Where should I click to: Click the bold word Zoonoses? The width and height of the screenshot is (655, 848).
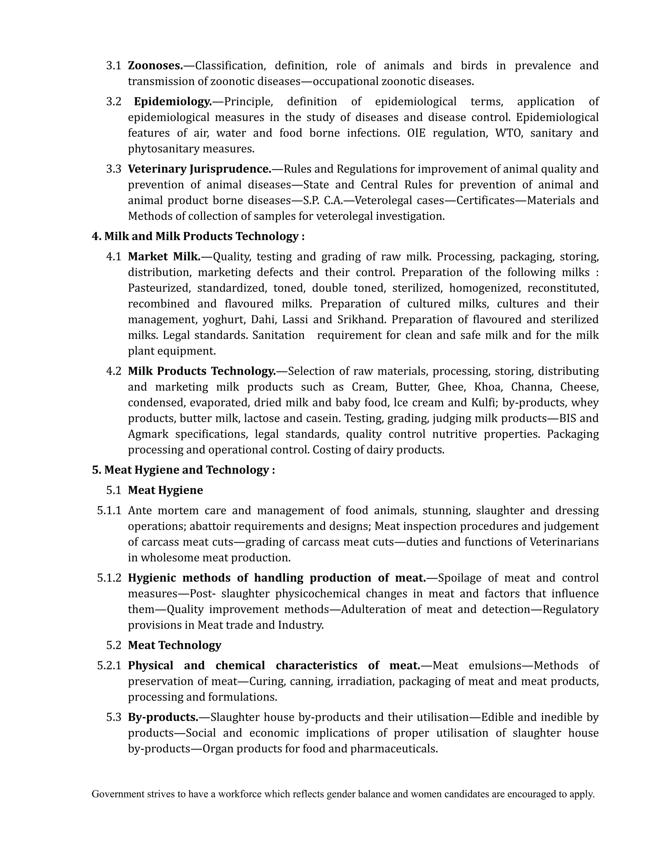pos(155,66)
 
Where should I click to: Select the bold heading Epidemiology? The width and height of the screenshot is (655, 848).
pos(173,102)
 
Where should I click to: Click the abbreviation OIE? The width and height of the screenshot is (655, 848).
pos(416,133)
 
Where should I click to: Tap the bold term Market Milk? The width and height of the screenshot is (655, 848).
pos(164,257)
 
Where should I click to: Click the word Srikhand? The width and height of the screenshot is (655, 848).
pos(362,320)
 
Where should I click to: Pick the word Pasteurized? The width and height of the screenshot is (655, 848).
pos(160,288)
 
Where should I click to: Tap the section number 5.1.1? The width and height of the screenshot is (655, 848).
pos(109,511)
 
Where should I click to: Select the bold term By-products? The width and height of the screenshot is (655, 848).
pos(163,717)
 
